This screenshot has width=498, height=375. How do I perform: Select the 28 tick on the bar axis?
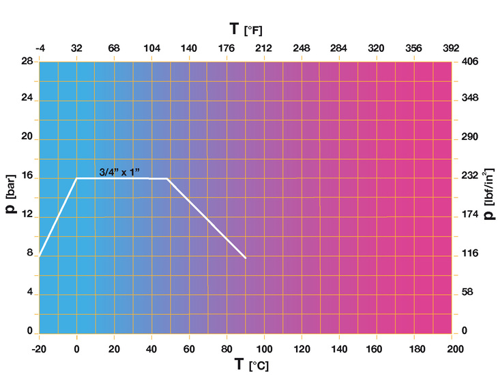(x=27, y=61)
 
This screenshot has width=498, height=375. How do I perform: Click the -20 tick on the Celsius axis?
(x=39, y=348)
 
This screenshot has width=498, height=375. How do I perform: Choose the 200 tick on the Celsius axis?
(x=451, y=348)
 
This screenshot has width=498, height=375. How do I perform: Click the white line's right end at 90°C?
(x=245, y=258)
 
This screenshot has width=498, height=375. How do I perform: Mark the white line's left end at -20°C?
(x=40, y=255)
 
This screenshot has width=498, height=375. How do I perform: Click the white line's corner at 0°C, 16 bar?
(x=76, y=178)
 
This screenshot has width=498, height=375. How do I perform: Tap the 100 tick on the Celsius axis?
(x=264, y=348)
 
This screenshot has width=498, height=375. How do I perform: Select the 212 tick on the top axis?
(x=264, y=48)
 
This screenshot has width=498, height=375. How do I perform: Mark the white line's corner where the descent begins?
(x=167, y=178)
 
